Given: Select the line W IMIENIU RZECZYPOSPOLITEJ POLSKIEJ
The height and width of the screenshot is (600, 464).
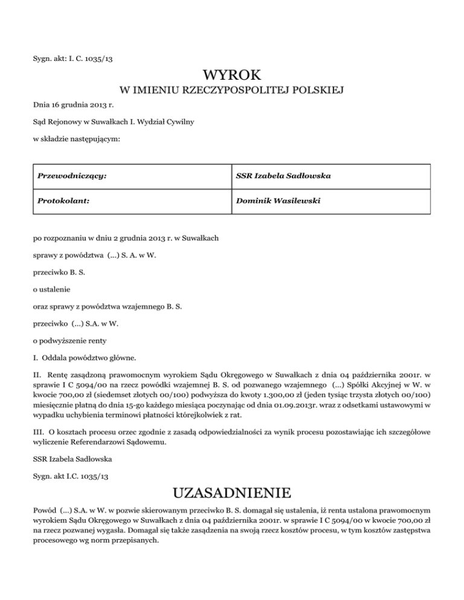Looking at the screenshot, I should coord(232,91).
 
